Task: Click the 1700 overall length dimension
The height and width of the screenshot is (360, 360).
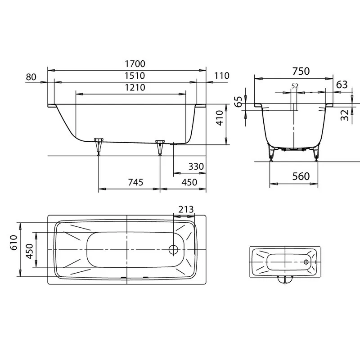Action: (x=135, y=64)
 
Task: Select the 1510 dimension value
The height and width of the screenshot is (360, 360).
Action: (x=135, y=76)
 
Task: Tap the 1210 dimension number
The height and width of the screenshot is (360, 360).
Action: (x=135, y=87)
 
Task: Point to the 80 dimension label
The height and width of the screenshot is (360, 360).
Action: (x=31, y=77)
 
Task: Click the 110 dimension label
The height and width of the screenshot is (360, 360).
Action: (x=221, y=76)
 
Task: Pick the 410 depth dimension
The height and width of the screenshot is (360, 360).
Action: (x=220, y=118)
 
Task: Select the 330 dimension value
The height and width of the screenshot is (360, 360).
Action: (x=196, y=166)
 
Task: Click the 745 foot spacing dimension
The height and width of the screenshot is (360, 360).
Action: (x=135, y=182)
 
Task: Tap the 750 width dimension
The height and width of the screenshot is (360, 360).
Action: (x=301, y=71)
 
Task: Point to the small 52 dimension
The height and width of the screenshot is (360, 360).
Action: (x=295, y=86)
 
